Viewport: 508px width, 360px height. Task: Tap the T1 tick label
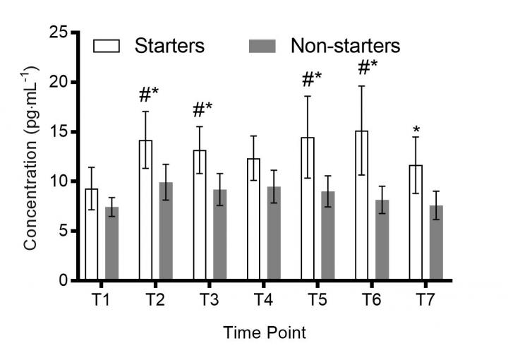pyautogui.click(x=99, y=299)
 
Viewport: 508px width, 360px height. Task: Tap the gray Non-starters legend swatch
pyautogui.click(x=262, y=47)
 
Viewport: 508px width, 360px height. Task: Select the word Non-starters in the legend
pyautogui.click(x=345, y=47)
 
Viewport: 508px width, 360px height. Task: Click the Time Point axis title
pyautogui.click(x=264, y=331)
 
